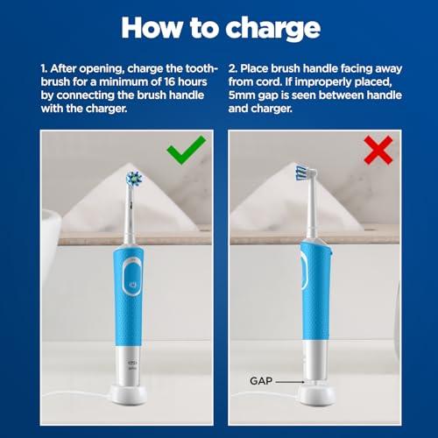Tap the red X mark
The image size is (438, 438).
point(378,151)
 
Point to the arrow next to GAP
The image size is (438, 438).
point(290,382)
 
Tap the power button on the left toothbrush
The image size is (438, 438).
point(130,285)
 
